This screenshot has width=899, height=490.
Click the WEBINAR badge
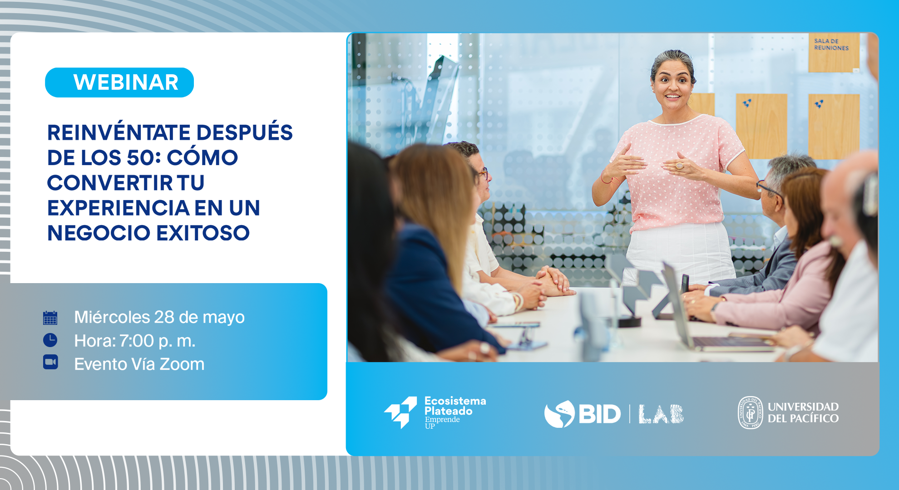tap(119, 83)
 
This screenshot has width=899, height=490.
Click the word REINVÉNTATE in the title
tap(119, 132)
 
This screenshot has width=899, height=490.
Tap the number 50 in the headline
tap(140, 158)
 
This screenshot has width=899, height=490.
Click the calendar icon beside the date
tap(50, 318)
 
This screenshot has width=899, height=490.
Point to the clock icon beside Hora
tap(50, 340)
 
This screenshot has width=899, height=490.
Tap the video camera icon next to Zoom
tap(50, 362)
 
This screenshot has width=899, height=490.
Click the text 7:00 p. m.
tap(158, 341)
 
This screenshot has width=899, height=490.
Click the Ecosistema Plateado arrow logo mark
tap(400, 412)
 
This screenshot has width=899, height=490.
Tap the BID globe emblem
tap(559, 414)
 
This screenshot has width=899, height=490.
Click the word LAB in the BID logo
tap(661, 414)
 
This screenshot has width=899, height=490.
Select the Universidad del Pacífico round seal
tap(751, 412)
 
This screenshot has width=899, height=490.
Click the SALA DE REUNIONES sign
tap(834, 52)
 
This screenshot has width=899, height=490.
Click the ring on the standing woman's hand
tap(679, 166)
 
